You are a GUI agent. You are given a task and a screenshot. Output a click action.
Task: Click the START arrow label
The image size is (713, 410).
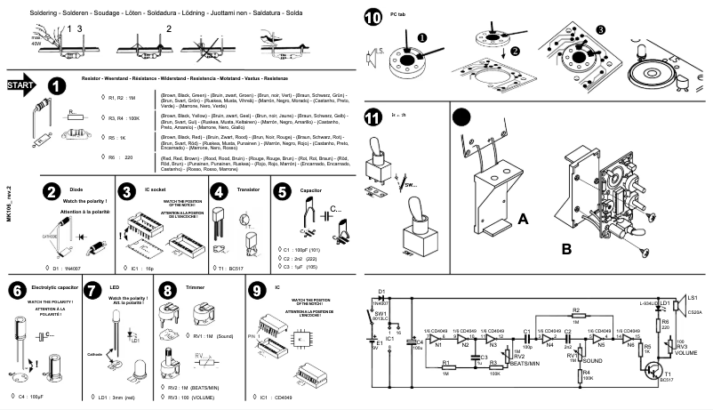20,85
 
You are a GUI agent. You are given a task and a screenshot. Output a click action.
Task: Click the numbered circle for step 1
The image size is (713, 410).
56,86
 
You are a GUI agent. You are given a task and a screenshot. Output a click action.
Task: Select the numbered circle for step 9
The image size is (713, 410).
257,289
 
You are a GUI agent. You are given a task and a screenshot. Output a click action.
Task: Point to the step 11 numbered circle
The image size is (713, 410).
373,118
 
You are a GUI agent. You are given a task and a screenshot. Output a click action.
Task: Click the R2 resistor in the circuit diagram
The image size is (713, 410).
576,318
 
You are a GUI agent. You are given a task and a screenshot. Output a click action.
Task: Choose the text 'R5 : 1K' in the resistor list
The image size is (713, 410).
117,138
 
